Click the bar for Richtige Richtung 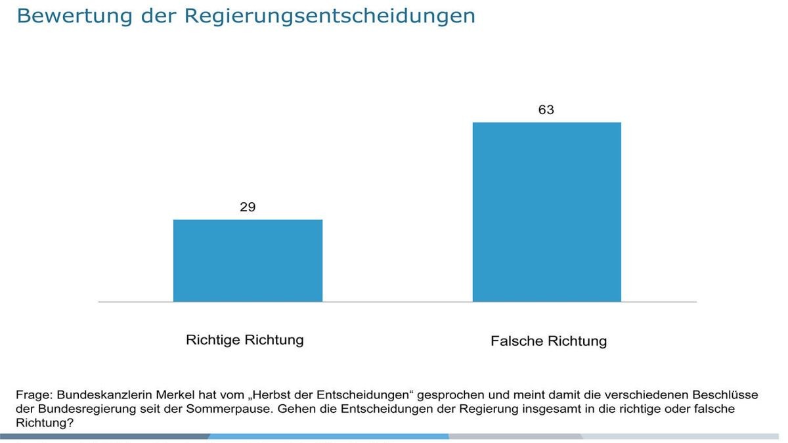click(x=248, y=261)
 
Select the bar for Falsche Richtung click(x=546, y=212)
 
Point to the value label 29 click(x=248, y=207)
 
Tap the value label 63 click(x=546, y=110)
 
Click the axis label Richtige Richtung click(x=245, y=340)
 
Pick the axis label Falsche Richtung click(x=548, y=341)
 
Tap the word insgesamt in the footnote click(x=550, y=409)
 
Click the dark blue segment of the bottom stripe click(x=105, y=436)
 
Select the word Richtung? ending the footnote click(x=44, y=423)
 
